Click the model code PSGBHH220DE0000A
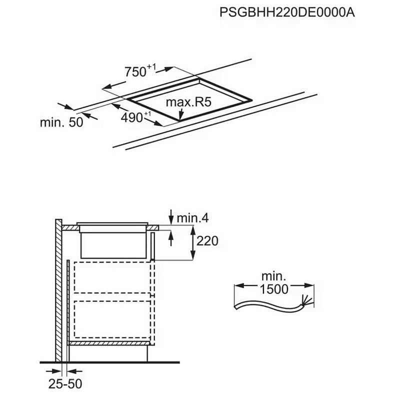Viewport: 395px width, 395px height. (x=287, y=13)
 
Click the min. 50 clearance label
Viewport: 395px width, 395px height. (x=61, y=122)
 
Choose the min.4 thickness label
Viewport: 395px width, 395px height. (x=192, y=218)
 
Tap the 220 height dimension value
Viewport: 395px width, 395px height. (x=207, y=241)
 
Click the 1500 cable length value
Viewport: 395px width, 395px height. (x=274, y=289)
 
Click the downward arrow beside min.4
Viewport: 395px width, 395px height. (x=171, y=217)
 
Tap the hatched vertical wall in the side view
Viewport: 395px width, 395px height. (x=58, y=290)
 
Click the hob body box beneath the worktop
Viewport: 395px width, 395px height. (x=114, y=244)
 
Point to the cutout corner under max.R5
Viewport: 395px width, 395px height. (x=180, y=118)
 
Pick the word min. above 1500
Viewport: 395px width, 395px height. (x=273, y=276)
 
